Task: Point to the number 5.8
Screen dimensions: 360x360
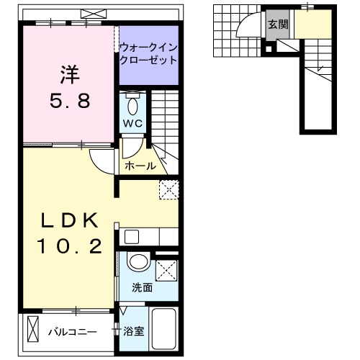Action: pos(69,100)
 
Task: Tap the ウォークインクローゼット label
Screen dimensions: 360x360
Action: pos(148,53)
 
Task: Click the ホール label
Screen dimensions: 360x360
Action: pos(140,166)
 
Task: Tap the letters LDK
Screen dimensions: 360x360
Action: pos(69,220)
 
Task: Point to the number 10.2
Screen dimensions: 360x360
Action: pos(69,246)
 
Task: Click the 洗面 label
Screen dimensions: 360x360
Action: pos(142,287)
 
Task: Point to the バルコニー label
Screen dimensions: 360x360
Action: pos(73,332)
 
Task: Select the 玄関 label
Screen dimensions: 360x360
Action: pos(278,24)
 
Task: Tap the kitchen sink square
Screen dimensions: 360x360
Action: pos(130,236)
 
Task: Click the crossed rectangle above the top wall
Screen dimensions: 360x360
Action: pos(91,13)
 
